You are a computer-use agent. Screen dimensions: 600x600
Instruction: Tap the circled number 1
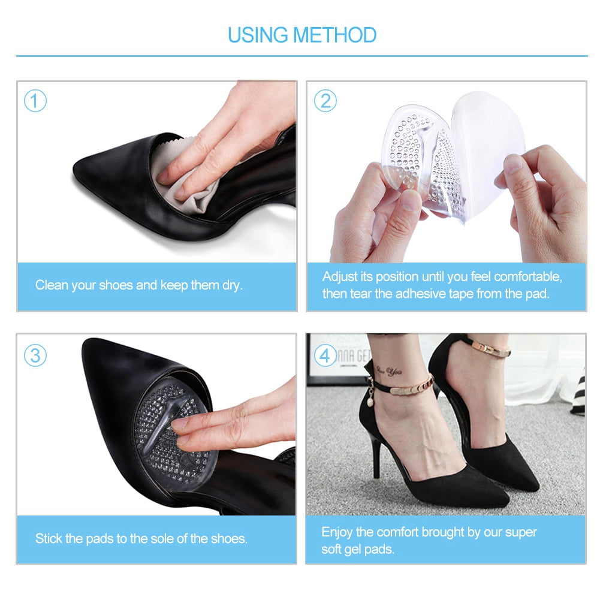(x=35, y=101)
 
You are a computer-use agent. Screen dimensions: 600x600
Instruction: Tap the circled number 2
(x=325, y=101)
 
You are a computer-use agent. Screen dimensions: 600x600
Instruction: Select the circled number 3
(x=35, y=356)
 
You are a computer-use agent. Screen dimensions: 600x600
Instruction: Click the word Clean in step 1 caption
(x=51, y=285)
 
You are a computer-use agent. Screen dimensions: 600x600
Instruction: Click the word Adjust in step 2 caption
(x=339, y=278)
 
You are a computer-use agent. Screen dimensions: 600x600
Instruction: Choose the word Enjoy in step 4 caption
(x=337, y=532)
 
